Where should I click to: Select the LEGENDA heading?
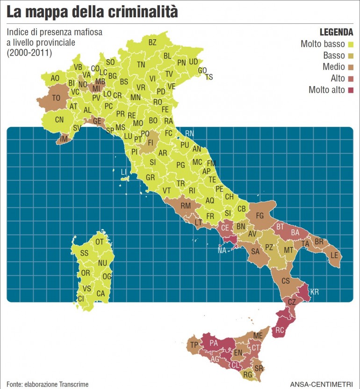pyautogui.click(x=336, y=32)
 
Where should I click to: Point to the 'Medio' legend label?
pyautogui.click(x=333, y=67)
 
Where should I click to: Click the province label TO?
pyautogui.click(x=57, y=98)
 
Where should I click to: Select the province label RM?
pyautogui.click(x=186, y=206)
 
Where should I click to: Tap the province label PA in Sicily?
pyautogui.click(x=214, y=343)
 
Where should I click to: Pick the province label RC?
pyautogui.click(x=280, y=330)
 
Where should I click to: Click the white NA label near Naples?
pyautogui.click(x=223, y=250)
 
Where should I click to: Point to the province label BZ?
pyautogui.click(x=152, y=42)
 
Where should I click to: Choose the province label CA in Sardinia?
pyautogui.click(x=101, y=294)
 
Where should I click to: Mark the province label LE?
pyautogui.click(x=334, y=255)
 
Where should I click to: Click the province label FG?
pyautogui.click(x=260, y=216)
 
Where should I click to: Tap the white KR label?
pyautogui.click(x=315, y=292)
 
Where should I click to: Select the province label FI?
pyautogui.click(x=151, y=142)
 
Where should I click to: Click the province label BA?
pyautogui.click(x=295, y=232)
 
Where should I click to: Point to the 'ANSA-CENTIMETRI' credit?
pyautogui.click(x=322, y=384)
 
